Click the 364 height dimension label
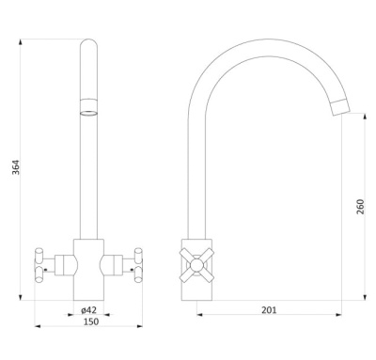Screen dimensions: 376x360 pos(16,167)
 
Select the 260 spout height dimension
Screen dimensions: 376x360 pos(361,207)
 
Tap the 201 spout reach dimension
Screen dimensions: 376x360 pos(269,310)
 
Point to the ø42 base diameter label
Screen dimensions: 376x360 pos(89,310)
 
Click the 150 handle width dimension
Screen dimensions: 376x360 pos(91,321)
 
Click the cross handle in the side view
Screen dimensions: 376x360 pos(196,265)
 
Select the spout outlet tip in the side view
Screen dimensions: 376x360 pos(340,106)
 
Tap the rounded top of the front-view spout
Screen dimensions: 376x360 pos(89,44)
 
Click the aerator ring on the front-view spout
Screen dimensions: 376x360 pos(89,113)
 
